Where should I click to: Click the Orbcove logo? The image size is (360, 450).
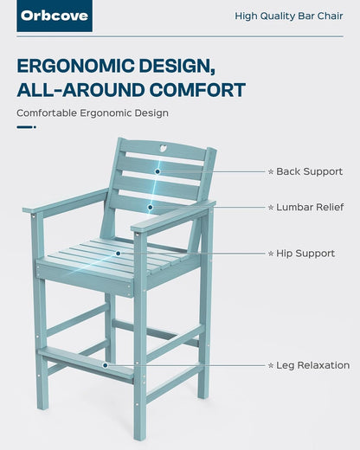coord(54,16)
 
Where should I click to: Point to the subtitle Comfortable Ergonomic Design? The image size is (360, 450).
coord(93,112)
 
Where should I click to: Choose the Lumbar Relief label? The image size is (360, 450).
coord(310,207)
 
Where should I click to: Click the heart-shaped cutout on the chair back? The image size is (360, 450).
coord(165,146)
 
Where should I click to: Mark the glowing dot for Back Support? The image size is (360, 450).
coord(157,171)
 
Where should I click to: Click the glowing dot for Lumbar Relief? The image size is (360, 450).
coord(150,207)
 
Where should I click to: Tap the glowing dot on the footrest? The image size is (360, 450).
coord(106,365)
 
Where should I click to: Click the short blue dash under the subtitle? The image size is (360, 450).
coord(26,127)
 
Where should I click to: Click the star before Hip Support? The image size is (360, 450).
coord(270,253)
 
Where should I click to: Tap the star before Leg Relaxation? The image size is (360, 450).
coord(270,365)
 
